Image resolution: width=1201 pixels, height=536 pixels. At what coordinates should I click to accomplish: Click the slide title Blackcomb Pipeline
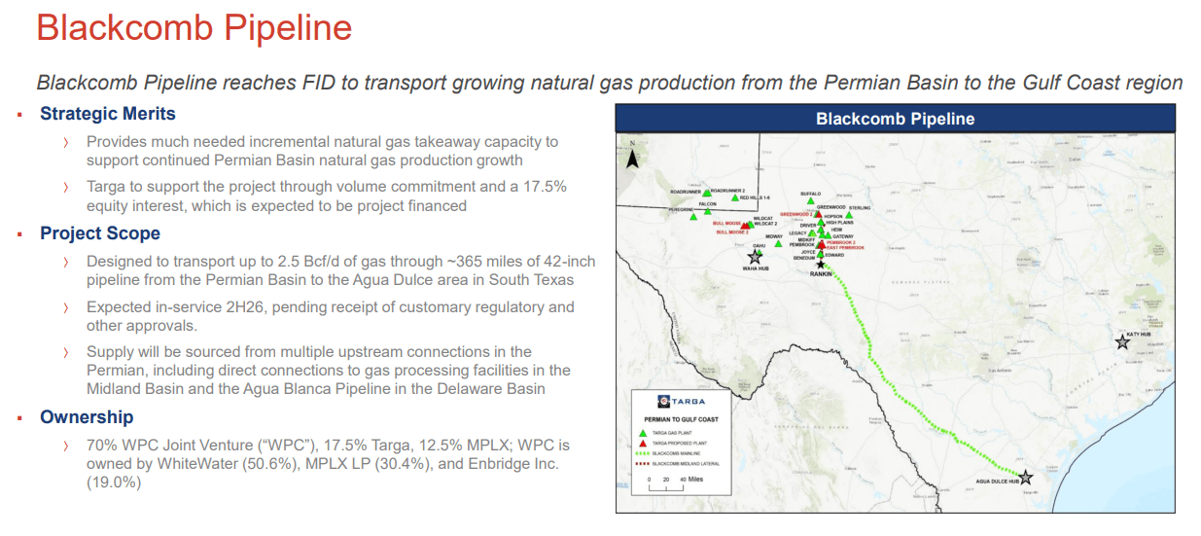tap(194, 28)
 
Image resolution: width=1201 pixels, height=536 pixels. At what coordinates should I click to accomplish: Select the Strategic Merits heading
tap(107, 114)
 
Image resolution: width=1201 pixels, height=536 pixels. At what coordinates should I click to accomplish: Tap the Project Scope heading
tap(99, 233)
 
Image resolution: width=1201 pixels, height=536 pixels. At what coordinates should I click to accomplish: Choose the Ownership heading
tap(87, 417)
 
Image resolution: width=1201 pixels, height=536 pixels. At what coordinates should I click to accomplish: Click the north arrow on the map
tap(631, 156)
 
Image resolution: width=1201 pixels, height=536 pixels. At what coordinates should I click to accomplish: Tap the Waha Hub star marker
tap(755, 257)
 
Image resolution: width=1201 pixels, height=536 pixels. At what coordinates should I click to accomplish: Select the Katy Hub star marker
tap(1122, 341)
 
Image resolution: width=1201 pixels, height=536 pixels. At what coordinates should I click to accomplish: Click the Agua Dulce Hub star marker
tap(1024, 477)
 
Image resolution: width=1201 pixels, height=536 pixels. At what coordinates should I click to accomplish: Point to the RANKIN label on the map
tap(822, 274)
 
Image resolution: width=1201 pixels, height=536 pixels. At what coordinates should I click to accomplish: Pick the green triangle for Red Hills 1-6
tap(734, 197)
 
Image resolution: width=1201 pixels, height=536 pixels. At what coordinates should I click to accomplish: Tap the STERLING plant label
tap(859, 208)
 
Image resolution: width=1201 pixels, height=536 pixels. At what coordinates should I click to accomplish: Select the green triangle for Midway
tap(778, 243)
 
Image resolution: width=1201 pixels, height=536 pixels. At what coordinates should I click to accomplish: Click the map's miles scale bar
tap(666, 486)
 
